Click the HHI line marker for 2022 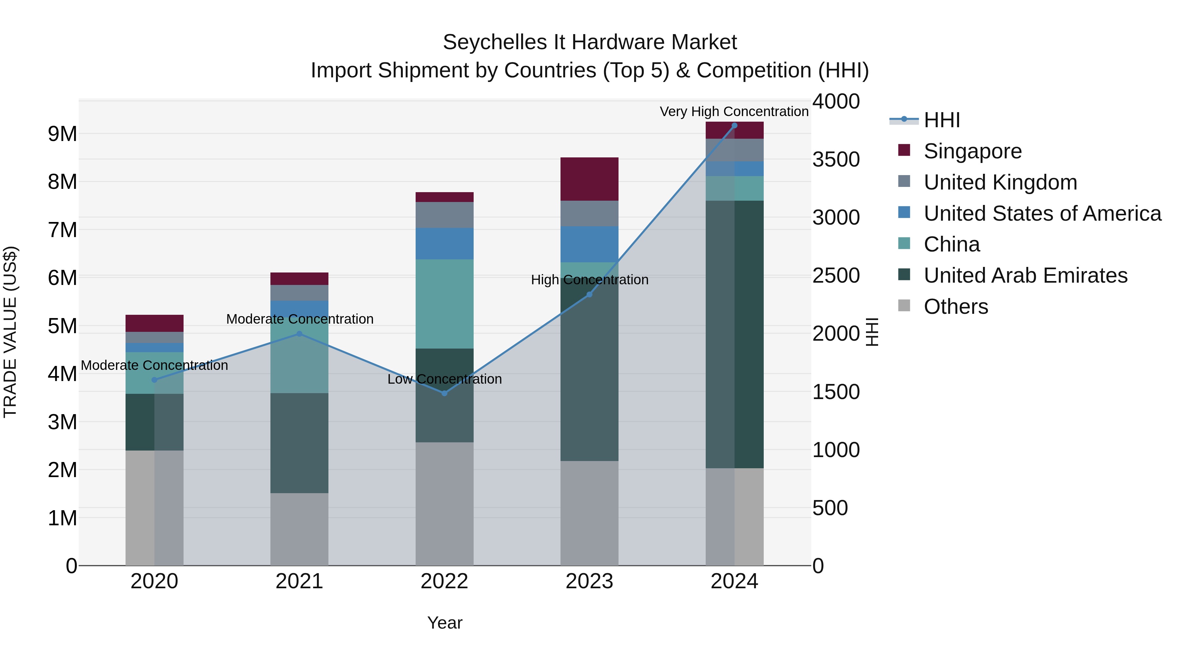click(x=444, y=393)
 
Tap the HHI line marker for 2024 click(x=734, y=126)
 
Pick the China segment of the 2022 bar click(x=444, y=304)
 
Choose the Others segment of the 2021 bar click(x=299, y=529)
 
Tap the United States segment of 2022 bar click(x=444, y=244)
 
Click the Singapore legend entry click(x=972, y=151)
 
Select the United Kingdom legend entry click(x=1000, y=182)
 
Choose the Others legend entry click(x=955, y=307)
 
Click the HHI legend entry click(x=941, y=120)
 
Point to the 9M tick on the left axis click(x=62, y=134)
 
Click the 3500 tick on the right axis click(x=836, y=159)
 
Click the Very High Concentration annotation click(x=734, y=111)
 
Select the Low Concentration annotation click(x=444, y=379)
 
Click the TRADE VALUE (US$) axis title click(x=10, y=332)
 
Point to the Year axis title click(x=444, y=623)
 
